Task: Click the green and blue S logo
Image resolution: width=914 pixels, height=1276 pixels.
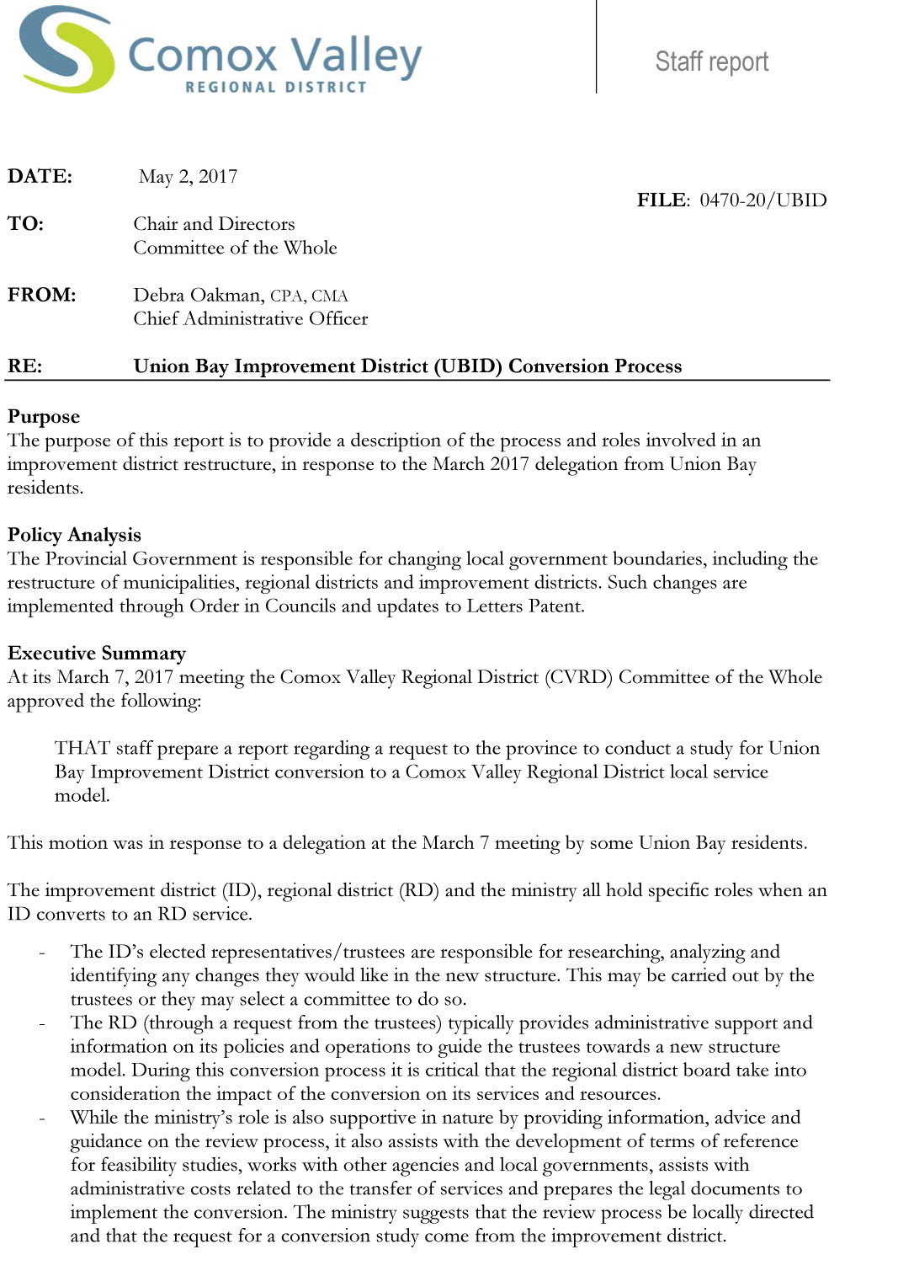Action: coord(67,49)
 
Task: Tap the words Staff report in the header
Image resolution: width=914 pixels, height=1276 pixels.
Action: coord(711,61)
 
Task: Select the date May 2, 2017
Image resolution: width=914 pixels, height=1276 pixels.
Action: coord(188,177)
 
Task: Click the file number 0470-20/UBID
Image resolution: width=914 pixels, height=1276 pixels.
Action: coord(763,200)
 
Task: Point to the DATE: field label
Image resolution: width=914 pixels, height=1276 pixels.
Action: coord(40,177)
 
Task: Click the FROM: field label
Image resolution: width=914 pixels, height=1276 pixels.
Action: coord(41,295)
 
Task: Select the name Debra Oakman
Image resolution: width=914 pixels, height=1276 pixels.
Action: coord(197,296)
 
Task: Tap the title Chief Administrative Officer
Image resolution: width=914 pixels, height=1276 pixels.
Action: coord(250,319)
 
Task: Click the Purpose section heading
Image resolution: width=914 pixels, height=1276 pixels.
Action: coord(44,417)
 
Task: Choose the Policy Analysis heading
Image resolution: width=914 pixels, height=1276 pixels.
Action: coord(74,535)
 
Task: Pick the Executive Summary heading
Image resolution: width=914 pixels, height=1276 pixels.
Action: coord(96,654)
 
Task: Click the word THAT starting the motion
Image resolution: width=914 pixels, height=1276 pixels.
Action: coord(82,748)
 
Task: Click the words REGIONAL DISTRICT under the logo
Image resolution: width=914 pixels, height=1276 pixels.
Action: coord(276,87)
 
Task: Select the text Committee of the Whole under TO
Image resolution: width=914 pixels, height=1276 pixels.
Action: coord(235,248)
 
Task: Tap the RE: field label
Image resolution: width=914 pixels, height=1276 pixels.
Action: coord(24,366)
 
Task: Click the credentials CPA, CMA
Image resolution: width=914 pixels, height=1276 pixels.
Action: coord(309,296)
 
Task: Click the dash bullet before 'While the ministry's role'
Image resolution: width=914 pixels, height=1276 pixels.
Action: coord(41,1118)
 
